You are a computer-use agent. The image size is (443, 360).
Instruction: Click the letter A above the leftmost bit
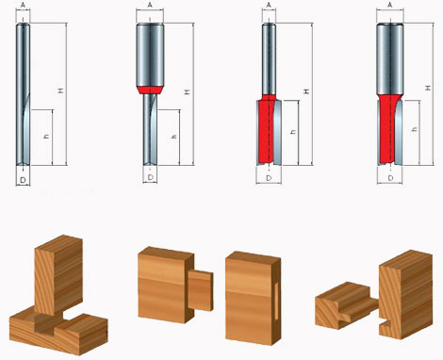pyautogui.click(x=23, y=5)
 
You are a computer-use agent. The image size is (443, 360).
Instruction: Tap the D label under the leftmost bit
pyautogui.click(x=23, y=180)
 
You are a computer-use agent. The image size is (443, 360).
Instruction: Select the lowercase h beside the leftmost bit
pyautogui.click(x=46, y=137)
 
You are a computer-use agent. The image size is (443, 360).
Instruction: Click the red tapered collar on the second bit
pyautogui.click(x=150, y=90)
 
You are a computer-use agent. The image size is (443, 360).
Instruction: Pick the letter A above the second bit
pyautogui.click(x=150, y=5)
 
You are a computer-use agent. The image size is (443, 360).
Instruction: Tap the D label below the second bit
pyautogui.click(x=151, y=177)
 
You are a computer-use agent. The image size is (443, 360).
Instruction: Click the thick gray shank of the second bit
pyautogui.click(x=150, y=55)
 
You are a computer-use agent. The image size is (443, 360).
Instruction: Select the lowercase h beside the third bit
pyautogui.click(x=293, y=132)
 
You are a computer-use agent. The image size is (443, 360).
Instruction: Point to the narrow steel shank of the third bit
pyautogui.click(x=270, y=58)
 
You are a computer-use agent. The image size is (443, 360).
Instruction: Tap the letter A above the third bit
pyautogui.click(x=269, y=5)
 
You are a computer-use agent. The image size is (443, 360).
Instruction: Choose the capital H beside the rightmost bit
pyautogui.click(x=427, y=88)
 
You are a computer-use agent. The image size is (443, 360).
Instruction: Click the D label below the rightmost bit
pyautogui.click(x=390, y=178)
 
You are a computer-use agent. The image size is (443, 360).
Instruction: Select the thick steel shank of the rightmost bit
pyautogui.click(x=390, y=58)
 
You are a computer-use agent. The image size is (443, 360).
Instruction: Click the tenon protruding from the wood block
pyautogui.click(x=201, y=290)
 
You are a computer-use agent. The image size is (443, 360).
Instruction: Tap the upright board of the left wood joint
pyautogui.click(x=58, y=275)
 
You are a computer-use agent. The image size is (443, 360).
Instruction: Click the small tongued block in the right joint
pyautogui.click(x=347, y=305)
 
